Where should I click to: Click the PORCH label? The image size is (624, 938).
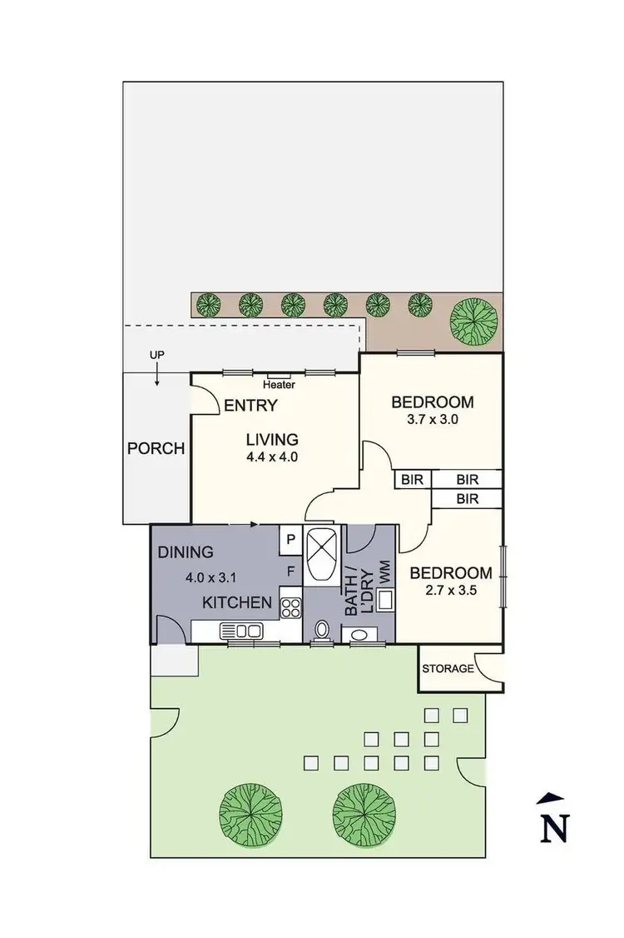coord(156,448)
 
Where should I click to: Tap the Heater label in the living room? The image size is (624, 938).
coord(279,385)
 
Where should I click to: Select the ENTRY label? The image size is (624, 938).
coord(250,406)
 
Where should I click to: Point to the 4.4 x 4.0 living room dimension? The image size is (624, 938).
coord(271,457)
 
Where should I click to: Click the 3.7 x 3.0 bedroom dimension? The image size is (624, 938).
coord(432,420)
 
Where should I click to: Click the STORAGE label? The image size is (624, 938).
coord(448,668)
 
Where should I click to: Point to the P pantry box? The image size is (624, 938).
coord(290,539)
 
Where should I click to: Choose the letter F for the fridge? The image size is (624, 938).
coord(290,571)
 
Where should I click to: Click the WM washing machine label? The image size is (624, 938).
coord(384,571)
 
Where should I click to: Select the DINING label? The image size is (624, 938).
coord(186,551)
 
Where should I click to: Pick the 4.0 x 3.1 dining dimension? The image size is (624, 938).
coord(212,576)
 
